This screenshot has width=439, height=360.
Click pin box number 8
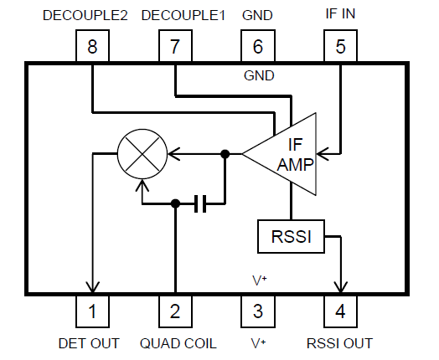(x=92, y=47)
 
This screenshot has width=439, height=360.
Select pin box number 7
(x=175, y=47)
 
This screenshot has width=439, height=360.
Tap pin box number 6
(x=257, y=47)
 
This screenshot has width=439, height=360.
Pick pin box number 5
(x=340, y=47)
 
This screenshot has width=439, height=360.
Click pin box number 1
(x=92, y=311)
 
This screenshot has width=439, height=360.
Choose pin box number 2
(x=175, y=311)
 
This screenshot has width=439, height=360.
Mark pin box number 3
(x=257, y=311)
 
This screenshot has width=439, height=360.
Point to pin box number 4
(x=340, y=311)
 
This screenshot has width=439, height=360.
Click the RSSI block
(x=290, y=237)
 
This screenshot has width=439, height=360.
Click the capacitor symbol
(x=199, y=203)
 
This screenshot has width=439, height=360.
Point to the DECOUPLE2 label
(x=92, y=16)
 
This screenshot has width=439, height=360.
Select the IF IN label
(x=340, y=16)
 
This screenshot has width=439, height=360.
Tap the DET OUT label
(x=89, y=343)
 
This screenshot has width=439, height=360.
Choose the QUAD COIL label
(x=178, y=343)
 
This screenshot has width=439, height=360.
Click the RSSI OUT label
(x=340, y=343)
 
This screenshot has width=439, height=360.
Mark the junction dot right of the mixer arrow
(x=225, y=154)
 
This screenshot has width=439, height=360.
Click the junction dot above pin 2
(x=175, y=203)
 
